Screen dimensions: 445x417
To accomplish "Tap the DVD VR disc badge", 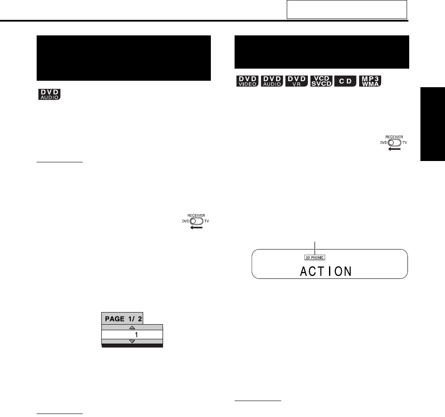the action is click(x=297, y=81).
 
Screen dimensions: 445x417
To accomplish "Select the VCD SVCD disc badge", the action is click(x=321, y=81).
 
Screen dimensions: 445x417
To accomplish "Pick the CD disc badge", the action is click(x=346, y=81).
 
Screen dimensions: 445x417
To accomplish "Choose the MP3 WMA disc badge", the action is click(x=371, y=81).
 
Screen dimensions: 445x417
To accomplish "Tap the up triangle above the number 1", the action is click(x=132, y=328).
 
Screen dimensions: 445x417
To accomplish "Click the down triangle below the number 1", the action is click(x=132, y=341).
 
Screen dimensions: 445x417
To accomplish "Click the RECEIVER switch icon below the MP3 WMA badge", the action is click(x=394, y=144).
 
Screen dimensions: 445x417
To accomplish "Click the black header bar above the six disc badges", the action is click(x=321, y=52).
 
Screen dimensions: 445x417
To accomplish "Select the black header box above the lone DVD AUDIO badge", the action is click(x=124, y=58).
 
